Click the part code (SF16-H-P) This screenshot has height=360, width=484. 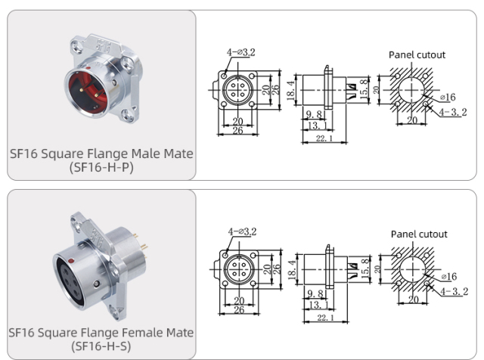click(x=101, y=167)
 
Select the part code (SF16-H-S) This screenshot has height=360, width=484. click(x=101, y=346)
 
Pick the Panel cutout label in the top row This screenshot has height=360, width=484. click(x=417, y=54)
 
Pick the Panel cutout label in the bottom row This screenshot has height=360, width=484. click(x=418, y=234)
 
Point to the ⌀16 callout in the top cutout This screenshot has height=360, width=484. click(x=448, y=98)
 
